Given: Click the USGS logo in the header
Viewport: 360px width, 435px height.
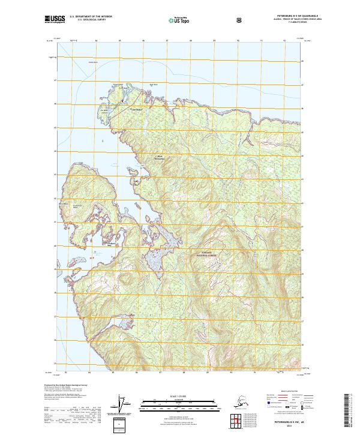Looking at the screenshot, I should (x=55, y=20).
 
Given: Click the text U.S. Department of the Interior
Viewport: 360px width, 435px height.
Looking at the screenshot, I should (x=91, y=17).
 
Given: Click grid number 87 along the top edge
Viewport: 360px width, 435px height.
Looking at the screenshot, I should (x=167, y=41).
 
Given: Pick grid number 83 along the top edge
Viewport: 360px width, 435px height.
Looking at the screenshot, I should (x=73, y=41).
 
